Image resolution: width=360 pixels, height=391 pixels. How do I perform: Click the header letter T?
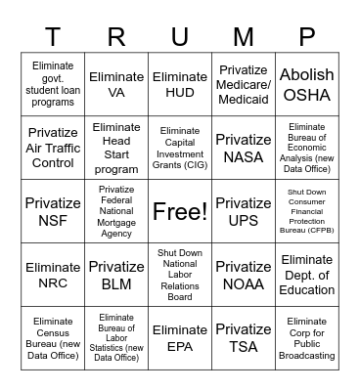53,36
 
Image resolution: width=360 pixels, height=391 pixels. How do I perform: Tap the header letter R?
116,36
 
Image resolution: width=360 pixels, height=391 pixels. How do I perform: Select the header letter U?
180,36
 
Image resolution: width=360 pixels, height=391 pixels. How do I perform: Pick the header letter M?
244,36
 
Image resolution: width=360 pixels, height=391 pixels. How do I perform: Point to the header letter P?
307,36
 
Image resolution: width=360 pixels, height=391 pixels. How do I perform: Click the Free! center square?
180,211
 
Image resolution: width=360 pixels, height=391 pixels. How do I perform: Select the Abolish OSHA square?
307,85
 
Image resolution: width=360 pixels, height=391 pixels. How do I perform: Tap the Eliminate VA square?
116,85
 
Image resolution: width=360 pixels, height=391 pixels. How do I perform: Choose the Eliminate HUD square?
180,85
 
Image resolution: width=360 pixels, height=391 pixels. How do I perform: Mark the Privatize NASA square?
244,148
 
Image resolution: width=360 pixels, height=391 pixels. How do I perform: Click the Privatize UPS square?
244,211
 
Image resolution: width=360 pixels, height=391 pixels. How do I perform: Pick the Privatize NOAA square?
244,275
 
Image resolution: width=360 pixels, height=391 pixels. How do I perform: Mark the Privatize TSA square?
244,338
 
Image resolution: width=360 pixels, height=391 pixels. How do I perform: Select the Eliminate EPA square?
180,338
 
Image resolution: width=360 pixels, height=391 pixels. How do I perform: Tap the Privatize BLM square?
116,275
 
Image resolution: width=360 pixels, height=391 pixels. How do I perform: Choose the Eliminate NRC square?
53,275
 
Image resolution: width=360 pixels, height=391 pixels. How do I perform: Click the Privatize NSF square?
53,211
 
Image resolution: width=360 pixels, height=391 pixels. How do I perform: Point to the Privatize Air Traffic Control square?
53,148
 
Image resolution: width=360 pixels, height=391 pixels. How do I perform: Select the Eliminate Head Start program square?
116,148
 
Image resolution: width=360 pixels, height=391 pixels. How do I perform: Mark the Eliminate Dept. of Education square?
307,275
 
